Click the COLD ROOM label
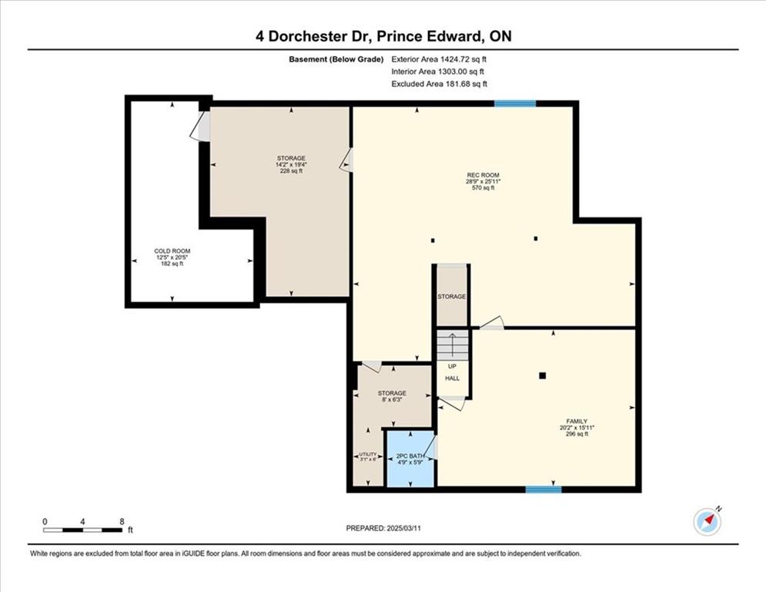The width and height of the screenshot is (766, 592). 172,251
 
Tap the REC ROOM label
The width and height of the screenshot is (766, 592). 483,175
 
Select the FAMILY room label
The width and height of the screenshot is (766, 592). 577,421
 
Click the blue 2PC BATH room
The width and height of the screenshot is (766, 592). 410,458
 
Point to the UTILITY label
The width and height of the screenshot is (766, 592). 368,454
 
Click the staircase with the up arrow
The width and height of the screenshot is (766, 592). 453,345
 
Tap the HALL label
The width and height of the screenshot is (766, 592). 453,378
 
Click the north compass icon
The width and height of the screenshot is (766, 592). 707,522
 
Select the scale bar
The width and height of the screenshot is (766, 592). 82,530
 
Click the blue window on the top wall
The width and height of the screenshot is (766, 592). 515,103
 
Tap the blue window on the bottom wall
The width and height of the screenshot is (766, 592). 544,489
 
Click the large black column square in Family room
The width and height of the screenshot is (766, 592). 542,375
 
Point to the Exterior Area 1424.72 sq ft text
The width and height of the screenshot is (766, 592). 439,59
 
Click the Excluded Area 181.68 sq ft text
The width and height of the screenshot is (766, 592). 439,84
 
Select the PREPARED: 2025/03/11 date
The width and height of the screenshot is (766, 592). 383,528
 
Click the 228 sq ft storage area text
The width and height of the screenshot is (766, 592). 291,171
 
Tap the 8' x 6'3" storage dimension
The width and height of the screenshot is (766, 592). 392,399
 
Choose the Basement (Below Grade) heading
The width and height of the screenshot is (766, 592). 336,59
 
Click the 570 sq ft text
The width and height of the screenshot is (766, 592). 483,187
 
